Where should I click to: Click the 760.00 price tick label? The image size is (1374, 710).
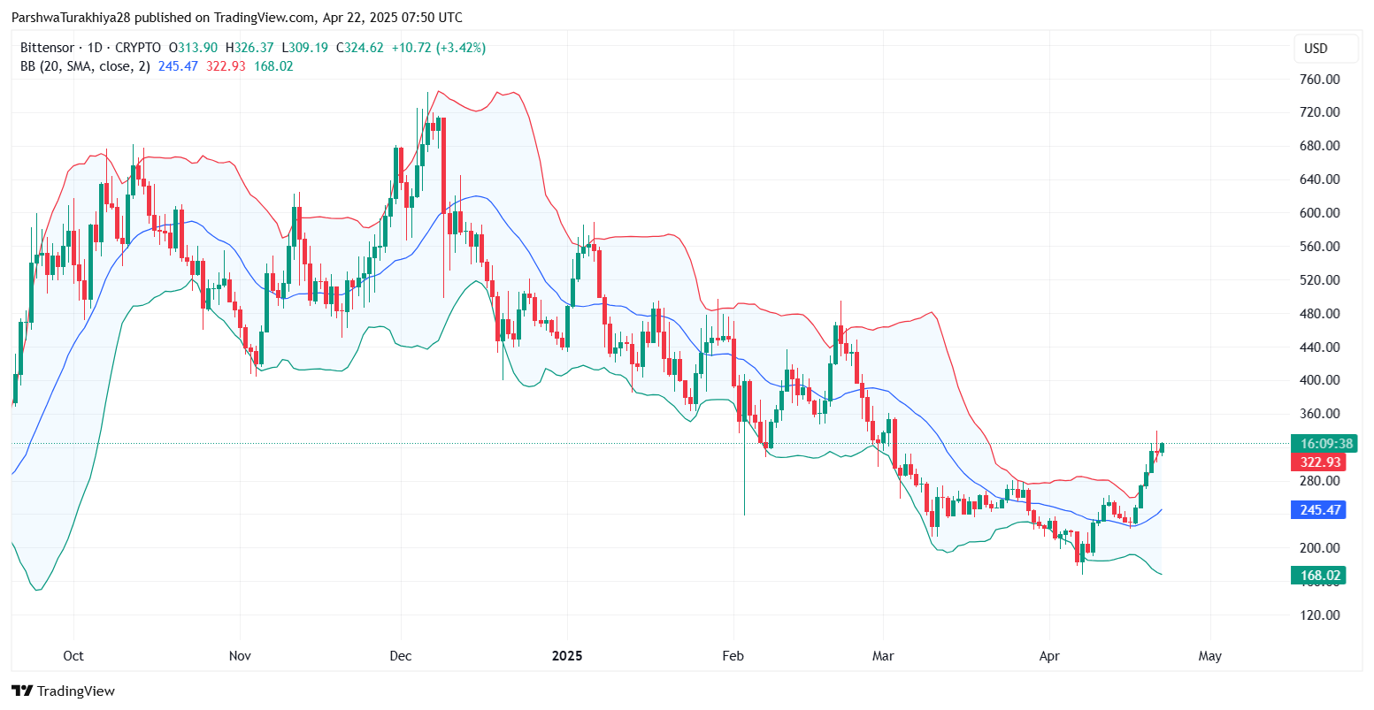[1320, 80]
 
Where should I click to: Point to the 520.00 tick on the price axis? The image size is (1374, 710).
[1320, 280]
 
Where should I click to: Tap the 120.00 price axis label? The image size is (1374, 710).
[1320, 615]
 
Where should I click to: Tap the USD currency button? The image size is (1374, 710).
[1316, 49]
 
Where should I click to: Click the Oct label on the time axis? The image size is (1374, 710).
[73, 656]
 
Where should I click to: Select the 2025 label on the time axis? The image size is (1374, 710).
[567, 656]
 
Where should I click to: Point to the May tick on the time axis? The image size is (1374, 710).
[1209, 656]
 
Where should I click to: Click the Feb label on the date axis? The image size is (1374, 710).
[733, 656]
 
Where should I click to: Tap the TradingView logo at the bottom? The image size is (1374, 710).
[64, 691]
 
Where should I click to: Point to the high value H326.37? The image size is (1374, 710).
[250, 48]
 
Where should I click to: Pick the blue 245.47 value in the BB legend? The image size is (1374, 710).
[178, 66]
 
